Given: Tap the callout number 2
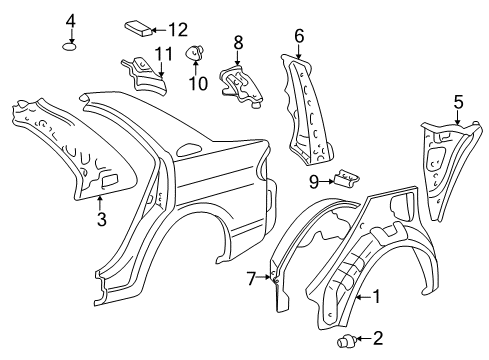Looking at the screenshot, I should (377, 339).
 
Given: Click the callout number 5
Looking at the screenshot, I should (458, 101).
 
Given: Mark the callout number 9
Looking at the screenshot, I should (314, 181).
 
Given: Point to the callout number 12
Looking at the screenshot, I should (177, 28).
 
